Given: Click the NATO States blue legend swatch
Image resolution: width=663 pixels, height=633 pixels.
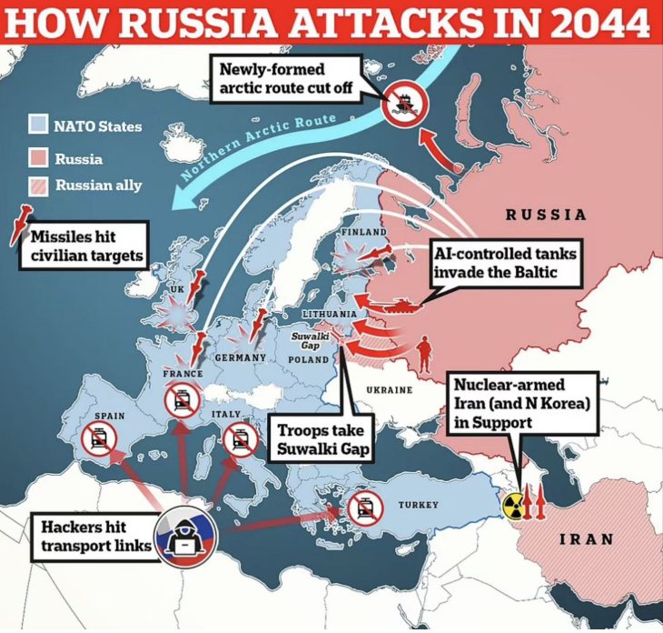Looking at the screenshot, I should [x=37, y=126].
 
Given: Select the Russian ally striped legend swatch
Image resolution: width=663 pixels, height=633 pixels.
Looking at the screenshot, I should [x=37, y=186].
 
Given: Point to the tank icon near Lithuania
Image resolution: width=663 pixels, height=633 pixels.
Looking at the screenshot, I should [x=397, y=306].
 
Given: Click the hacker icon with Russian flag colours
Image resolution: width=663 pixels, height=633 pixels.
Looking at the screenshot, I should [x=187, y=534].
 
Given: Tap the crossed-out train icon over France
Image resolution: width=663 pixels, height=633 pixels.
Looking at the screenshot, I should [x=181, y=397].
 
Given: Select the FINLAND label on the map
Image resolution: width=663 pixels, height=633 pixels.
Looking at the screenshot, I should [x=362, y=233].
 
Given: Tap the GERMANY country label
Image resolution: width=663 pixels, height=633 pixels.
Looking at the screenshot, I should [x=240, y=358].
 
